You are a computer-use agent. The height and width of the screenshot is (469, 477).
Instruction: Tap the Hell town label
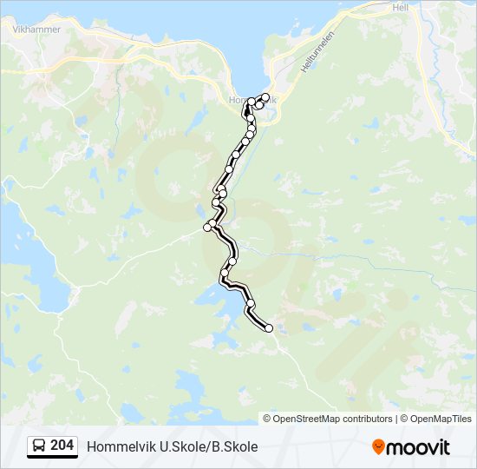pyautogui.click(x=400, y=7)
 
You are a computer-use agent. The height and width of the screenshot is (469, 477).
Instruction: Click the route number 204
pyautogui.click(x=62, y=446)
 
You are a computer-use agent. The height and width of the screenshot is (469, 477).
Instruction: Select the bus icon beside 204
pyautogui.click(x=38, y=446)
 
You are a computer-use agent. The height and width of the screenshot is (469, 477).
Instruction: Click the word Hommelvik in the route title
pyautogui.click(x=121, y=446)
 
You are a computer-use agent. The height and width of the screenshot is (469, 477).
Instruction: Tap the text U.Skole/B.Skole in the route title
pyautogui.click(x=209, y=446)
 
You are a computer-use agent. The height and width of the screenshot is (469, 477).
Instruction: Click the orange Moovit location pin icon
pyautogui.click(x=378, y=446)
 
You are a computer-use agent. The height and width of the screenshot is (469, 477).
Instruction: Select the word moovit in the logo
pyautogui.click(x=418, y=446)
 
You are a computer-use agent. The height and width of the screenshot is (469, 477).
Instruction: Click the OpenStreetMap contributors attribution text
pyautogui.click(x=333, y=419)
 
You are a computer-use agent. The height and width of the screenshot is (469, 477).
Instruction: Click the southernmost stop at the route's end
pyautogui.click(x=269, y=328)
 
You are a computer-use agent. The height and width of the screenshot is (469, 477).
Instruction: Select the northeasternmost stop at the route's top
pyautogui.click(x=265, y=96)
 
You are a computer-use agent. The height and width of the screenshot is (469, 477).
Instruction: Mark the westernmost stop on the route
pyautogui.click(x=207, y=227)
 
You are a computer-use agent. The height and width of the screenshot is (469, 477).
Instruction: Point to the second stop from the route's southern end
pyautogui.click(x=250, y=303)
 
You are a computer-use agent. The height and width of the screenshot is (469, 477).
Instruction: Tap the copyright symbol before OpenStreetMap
pyautogui.click(x=268, y=419)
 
